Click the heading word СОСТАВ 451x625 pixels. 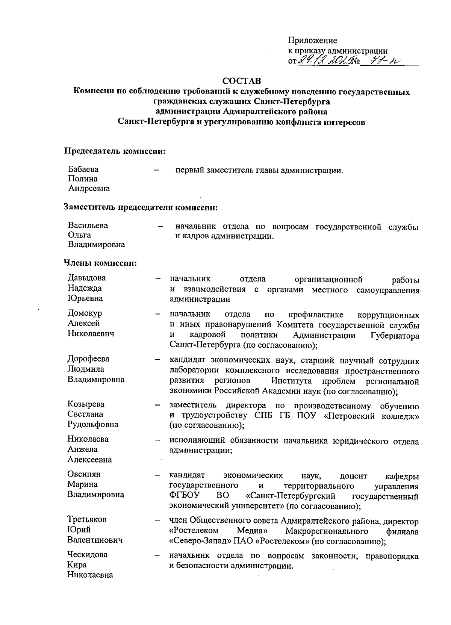(241, 81)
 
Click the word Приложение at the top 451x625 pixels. (312, 40)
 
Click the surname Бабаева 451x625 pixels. (83, 169)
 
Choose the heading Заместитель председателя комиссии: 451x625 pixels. (141, 207)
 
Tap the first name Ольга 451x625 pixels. (79, 235)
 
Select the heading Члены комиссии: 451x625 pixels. (100, 263)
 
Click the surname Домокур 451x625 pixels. (85, 313)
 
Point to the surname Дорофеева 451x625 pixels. (89, 359)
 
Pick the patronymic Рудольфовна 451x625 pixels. (93, 425)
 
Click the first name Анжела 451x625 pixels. (83, 449)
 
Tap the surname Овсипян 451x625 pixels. (84, 474)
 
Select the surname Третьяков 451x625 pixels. (87, 520)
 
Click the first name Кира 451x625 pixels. (77, 565)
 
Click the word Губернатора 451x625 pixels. (395, 336)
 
